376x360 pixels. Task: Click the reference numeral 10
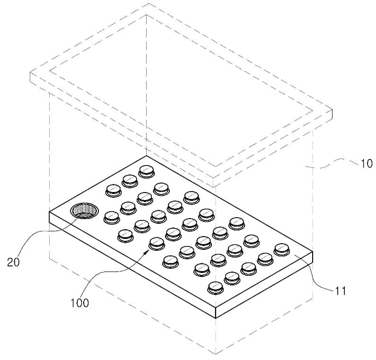pyautogui.click(x=367, y=164)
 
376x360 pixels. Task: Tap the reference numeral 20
pyautogui.click(x=13, y=262)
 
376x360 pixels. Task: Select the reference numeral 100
pyautogui.click(x=79, y=303)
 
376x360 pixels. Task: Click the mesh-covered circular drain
pyautogui.click(x=84, y=211)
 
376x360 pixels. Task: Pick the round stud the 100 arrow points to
pyautogui.click(x=157, y=244)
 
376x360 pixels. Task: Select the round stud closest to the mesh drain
pyautogui.click(x=112, y=218)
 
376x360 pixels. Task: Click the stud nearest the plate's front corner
pyautogui.click(x=215, y=288)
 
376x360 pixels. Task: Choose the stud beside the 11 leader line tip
pyautogui.click(x=282, y=250)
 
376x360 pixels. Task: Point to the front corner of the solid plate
pyautogui.click(x=216, y=307)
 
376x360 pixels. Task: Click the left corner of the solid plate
pyautogui.click(x=49, y=212)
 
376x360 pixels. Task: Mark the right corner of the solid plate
pyautogui.click(x=313, y=252)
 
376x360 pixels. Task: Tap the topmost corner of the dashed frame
pyautogui.click(x=149, y=4)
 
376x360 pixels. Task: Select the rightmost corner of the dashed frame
pyautogui.click(x=332, y=110)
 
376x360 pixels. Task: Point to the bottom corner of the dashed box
pyautogui.click(x=216, y=354)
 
